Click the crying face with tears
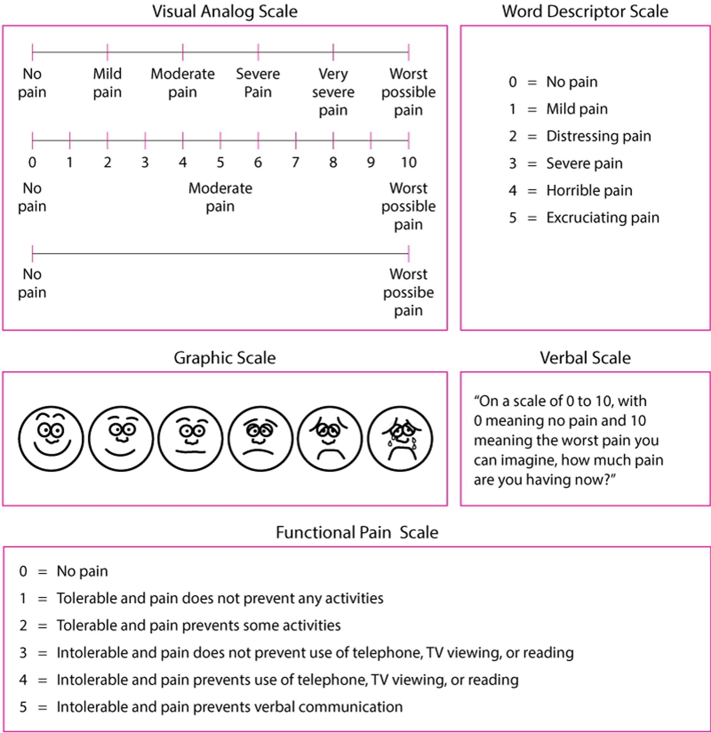tap(400, 438)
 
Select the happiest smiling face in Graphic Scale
tap(51, 438)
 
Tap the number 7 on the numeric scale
tap(296, 162)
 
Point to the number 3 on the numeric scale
tap(145, 162)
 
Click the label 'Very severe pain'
tap(333, 92)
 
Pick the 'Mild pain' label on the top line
tap(107, 83)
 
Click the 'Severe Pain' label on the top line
tap(258, 83)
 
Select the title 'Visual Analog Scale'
tap(224, 11)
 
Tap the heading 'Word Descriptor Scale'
tap(585, 11)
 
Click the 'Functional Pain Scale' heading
tap(357, 532)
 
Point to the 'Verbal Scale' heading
tap(585, 358)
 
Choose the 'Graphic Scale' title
tap(224, 358)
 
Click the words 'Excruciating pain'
tap(602, 218)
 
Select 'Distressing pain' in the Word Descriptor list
tap(598, 136)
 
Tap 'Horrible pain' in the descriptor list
tap(589, 190)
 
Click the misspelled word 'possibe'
tap(408, 292)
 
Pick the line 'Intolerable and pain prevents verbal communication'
tap(229, 707)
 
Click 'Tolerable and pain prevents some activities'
tap(198, 625)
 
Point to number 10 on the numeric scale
tap(408, 162)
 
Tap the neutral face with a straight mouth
tap(190, 438)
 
